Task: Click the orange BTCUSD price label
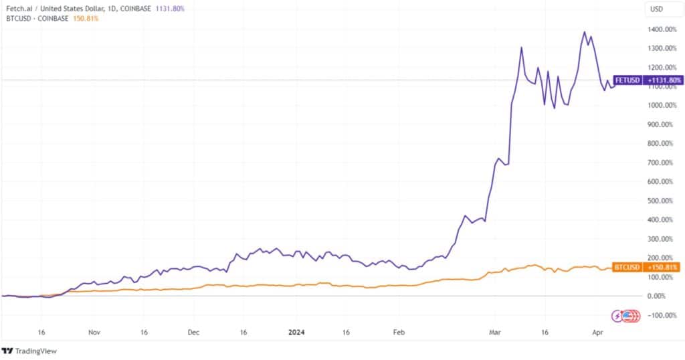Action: pyautogui.click(x=647, y=267)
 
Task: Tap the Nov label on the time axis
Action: pyautogui.click(x=94, y=331)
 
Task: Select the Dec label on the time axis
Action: pyautogui.click(x=193, y=331)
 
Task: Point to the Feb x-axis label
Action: pyautogui.click(x=399, y=331)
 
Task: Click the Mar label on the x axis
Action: pyautogui.click(x=495, y=331)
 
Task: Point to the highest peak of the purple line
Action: pyautogui.click(x=585, y=31)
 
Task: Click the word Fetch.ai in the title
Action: pyautogui.click(x=19, y=8)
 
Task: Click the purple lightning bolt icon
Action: pyautogui.click(x=619, y=315)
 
